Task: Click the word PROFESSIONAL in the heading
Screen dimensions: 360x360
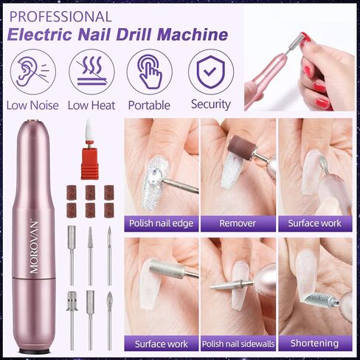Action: (60, 17)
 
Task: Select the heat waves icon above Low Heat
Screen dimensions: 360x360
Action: (91, 72)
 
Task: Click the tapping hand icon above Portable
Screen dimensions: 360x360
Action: (150, 72)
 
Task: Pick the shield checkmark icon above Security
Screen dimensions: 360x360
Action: (211, 72)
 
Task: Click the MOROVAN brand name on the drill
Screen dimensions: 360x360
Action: (34, 246)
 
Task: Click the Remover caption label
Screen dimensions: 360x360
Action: (238, 224)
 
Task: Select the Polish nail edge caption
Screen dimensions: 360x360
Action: (162, 224)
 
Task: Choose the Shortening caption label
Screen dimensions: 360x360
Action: (315, 343)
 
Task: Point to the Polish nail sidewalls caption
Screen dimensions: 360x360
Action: (238, 344)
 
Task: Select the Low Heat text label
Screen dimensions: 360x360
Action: (91, 105)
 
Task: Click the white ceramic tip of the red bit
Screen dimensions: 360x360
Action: (89, 130)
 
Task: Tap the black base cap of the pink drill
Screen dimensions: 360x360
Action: (34, 351)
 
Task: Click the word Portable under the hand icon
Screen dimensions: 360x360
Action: (149, 105)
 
